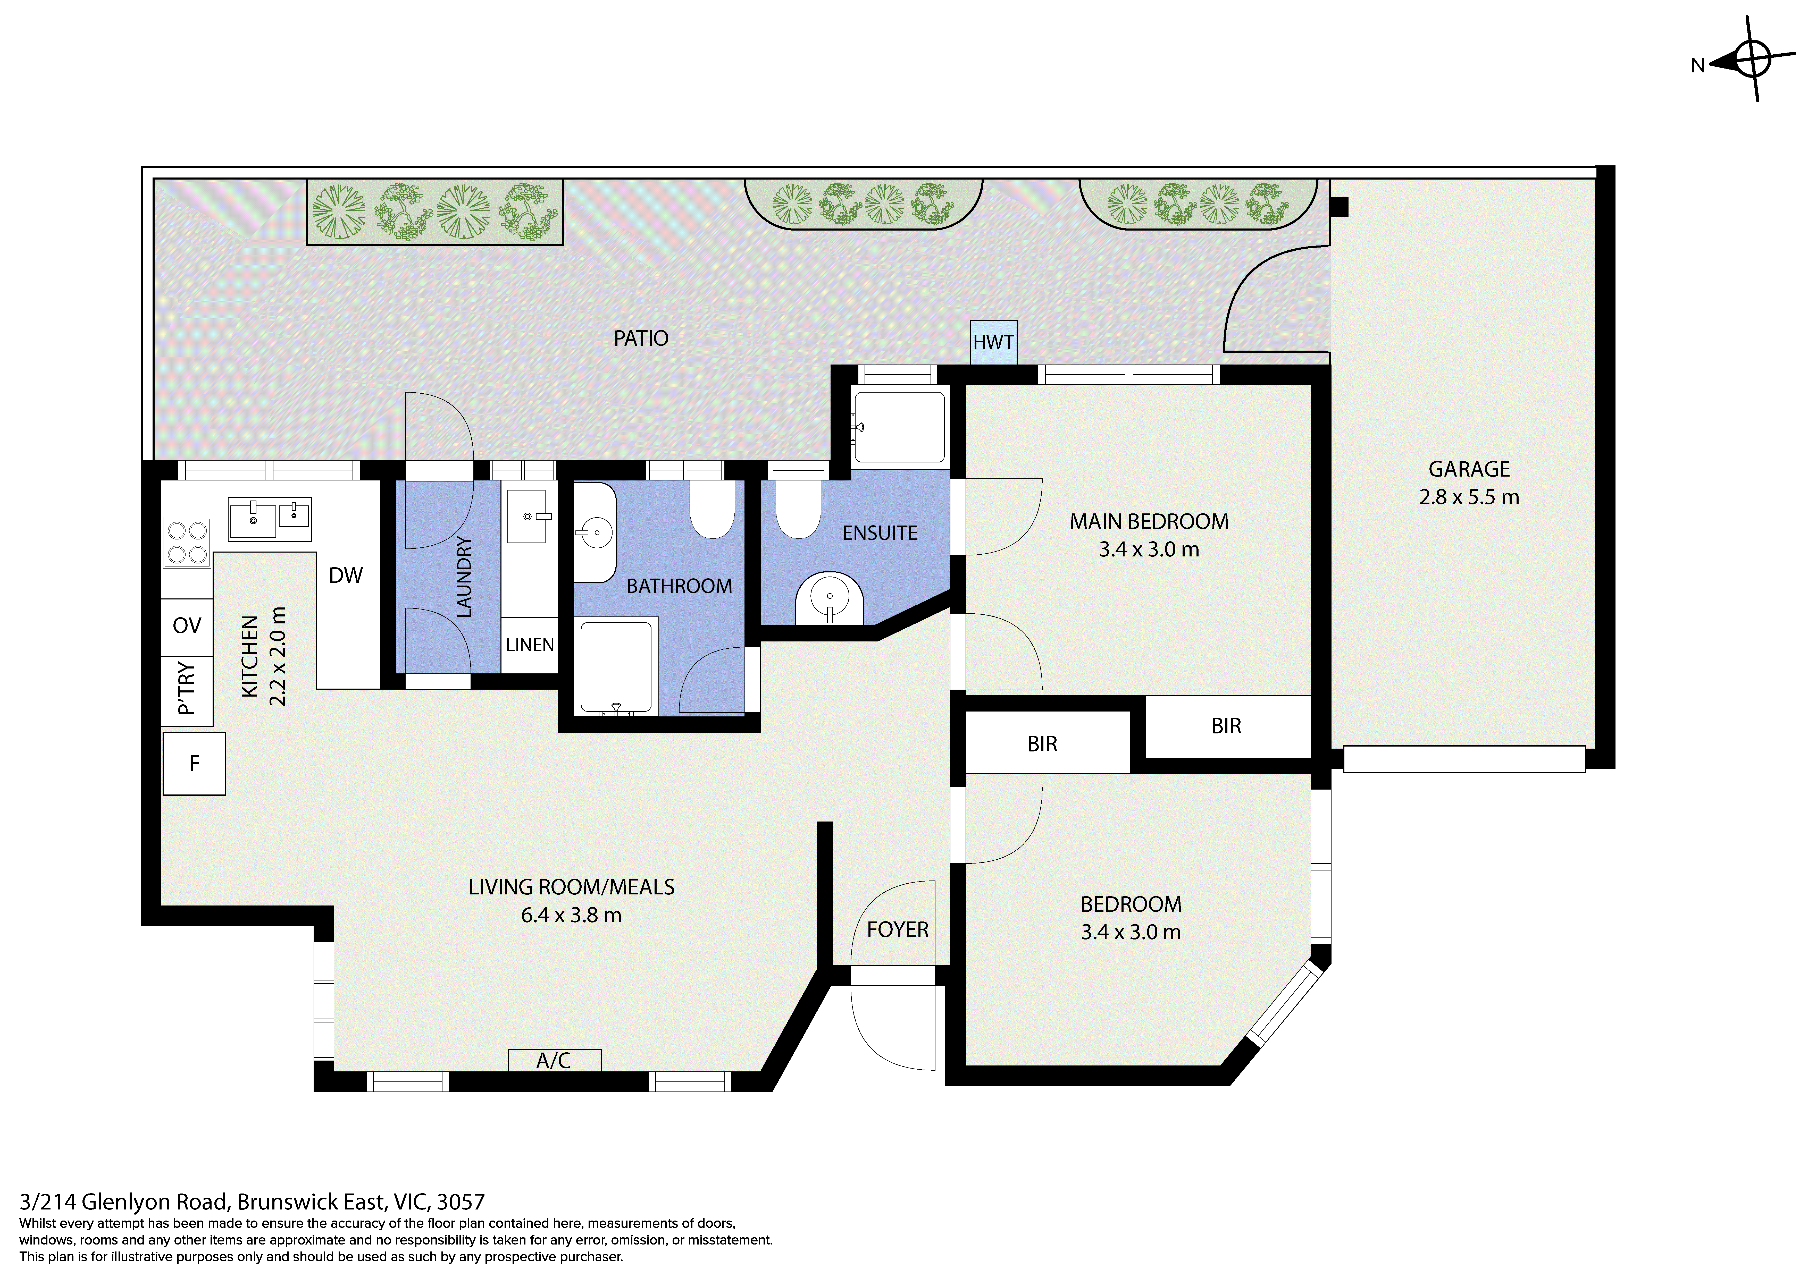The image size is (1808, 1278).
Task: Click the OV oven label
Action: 187,625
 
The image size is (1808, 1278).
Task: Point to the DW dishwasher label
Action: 346,575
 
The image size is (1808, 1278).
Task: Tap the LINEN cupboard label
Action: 530,645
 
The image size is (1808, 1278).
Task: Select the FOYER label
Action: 898,930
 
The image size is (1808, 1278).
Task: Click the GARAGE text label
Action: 1469,469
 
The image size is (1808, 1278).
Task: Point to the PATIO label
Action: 641,338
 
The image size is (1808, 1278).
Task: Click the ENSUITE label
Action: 880,533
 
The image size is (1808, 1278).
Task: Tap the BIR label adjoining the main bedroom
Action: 1226,726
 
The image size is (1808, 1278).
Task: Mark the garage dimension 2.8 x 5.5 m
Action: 1469,497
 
